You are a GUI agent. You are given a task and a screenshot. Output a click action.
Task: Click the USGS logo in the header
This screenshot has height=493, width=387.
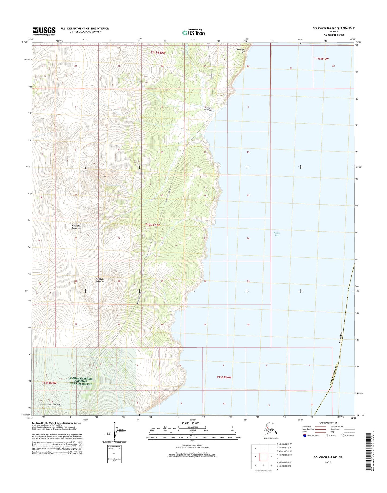(44, 31)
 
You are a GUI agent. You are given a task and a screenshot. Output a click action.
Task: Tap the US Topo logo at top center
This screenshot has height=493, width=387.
(193, 32)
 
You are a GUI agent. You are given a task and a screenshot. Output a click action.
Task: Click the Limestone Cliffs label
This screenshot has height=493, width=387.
(241, 51)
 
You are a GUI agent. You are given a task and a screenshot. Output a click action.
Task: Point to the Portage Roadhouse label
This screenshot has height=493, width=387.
(208, 109)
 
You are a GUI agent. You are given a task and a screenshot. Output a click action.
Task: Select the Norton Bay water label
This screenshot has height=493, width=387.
(277, 234)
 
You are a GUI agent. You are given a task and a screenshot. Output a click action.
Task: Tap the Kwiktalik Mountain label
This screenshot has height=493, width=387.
(100, 280)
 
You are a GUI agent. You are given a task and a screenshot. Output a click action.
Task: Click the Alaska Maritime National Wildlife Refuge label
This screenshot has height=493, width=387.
(81, 381)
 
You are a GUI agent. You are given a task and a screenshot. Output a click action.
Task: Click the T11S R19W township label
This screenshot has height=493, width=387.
(321, 59)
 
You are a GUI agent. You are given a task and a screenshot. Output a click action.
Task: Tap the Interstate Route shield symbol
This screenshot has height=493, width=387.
(305, 435)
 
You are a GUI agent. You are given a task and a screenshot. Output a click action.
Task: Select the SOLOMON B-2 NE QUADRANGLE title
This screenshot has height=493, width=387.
(334, 28)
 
